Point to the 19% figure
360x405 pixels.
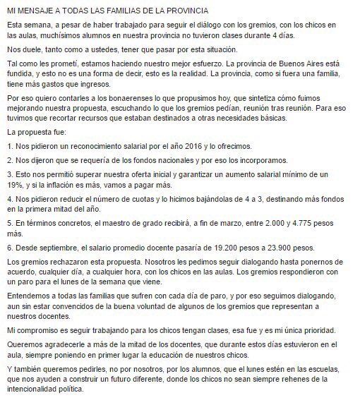coord(16,183)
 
